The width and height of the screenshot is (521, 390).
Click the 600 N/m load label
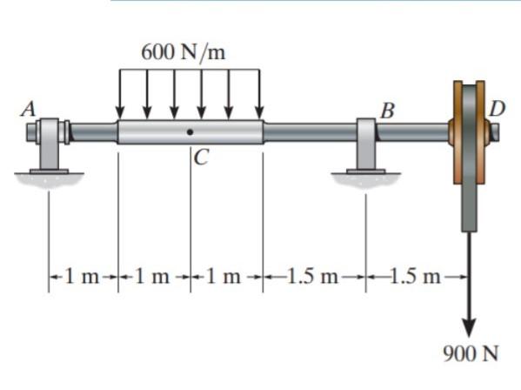(x=183, y=53)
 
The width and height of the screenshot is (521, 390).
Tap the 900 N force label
(x=471, y=353)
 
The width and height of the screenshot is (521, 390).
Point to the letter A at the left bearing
(x=28, y=109)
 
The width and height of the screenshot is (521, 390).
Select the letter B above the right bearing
(x=388, y=111)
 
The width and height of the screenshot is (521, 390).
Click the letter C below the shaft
(x=202, y=157)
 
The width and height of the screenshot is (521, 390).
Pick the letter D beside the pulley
(x=498, y=109)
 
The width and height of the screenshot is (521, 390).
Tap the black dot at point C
(x=190, y=132)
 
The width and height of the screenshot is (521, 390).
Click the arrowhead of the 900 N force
(x=469, y=327)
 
